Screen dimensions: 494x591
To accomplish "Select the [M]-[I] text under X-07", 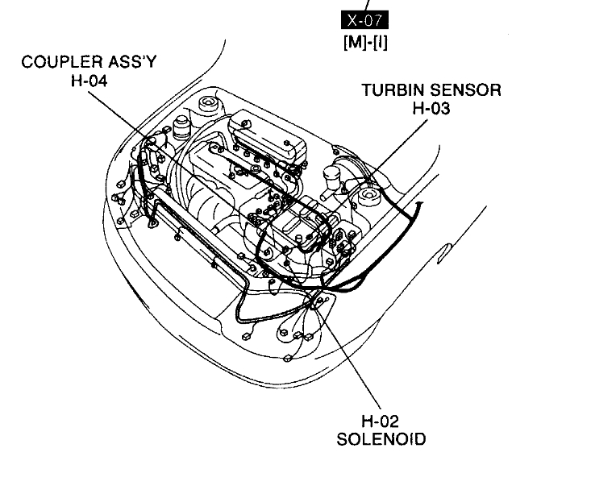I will (x=364, y=42).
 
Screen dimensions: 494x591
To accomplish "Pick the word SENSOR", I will (x=464, y=90).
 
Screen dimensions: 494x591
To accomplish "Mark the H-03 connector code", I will (x=431, y=109).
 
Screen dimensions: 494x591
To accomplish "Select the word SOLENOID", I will (x=381, y=439).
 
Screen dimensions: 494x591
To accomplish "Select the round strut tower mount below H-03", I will (x=370, y=196).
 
